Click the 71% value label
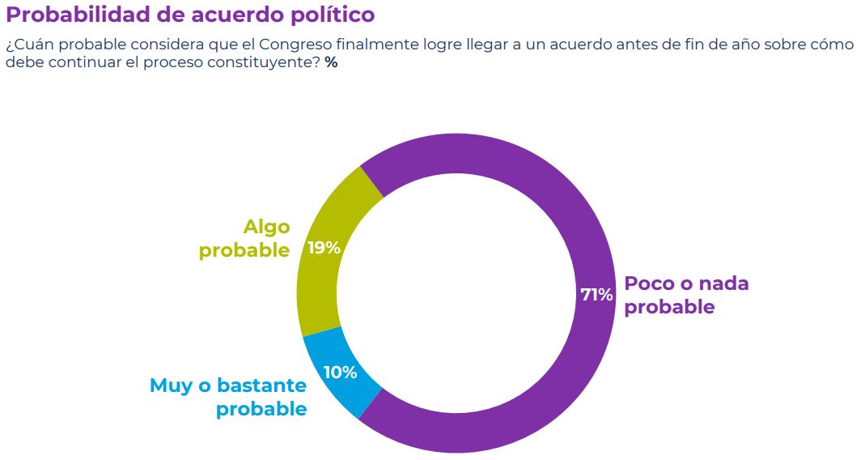click(x=596, y=295)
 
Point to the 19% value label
click(x=324, y=248)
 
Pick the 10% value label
click(x=340, y=373)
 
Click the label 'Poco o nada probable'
click(x=686, y=296)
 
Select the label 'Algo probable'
click(x=245, y=239)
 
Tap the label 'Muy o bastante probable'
click(x=228, y=397)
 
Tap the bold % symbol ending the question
click(x=331, y=63)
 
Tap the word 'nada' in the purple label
click(x=723, y=284)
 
